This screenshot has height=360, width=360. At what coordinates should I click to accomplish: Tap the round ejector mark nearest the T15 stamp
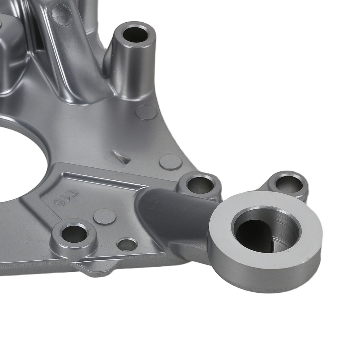(104, 216)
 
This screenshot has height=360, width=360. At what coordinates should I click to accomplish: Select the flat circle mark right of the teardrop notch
(170, 162)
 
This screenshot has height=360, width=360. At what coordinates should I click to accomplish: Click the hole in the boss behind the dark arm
(199, 185)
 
